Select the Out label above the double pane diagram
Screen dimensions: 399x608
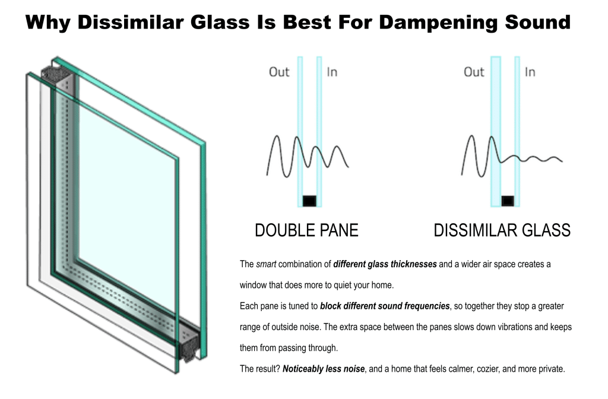point(279,72)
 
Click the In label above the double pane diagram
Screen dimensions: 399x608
point(332,72)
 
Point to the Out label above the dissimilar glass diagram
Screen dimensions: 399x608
point(474,72)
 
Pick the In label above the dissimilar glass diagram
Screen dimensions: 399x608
point(530,72)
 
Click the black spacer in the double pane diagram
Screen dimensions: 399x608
point(309,200)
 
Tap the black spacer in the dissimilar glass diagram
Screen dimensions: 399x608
point(507,200)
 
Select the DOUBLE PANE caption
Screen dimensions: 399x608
point(306,230)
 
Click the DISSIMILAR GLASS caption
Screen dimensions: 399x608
point(502,230)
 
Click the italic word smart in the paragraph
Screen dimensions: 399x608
point(266,264)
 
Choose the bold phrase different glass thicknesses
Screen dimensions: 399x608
point(385,264)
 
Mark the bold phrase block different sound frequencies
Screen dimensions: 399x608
point(385,306)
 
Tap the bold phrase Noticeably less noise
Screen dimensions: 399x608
point(324,369)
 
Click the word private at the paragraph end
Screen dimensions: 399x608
point(550,369)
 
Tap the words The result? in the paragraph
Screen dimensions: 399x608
point(259,369)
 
